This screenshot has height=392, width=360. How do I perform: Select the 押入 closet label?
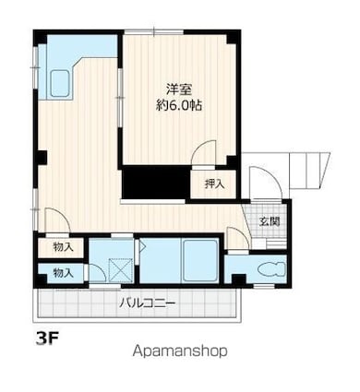[213, 184]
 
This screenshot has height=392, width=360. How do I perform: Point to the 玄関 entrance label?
[270, 221]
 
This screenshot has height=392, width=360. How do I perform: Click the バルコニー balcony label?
[147, 303]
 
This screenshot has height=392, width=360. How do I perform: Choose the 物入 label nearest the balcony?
[63, 274]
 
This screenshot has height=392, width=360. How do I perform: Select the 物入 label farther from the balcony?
[63, 247]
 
